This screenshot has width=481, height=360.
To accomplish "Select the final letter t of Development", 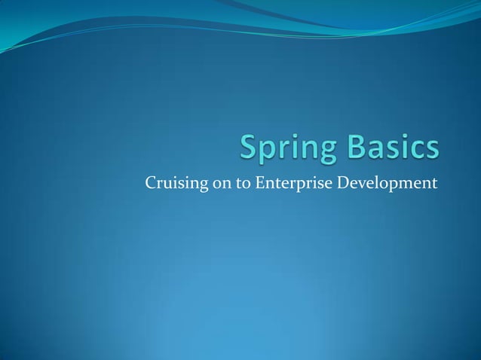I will pyautogui.click(x=435, y=182).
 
